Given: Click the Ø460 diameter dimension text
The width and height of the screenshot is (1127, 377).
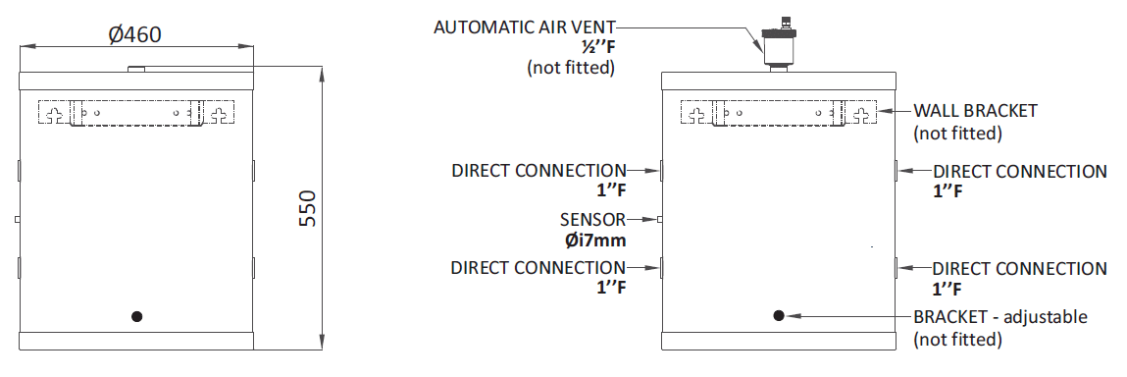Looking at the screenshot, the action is [x=135, y=33].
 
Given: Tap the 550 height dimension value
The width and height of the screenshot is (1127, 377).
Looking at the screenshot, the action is [x=308, y=209].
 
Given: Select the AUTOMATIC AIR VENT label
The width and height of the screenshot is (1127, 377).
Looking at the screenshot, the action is [x=525, y=28].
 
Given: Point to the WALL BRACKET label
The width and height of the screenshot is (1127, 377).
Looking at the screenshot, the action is [x=975, y=112].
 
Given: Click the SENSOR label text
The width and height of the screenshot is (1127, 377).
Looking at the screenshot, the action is [x=593, y=220].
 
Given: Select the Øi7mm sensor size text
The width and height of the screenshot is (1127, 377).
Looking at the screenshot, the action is [x=595, y=240].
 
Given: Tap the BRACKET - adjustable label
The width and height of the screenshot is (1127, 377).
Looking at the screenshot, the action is [x=1000, y=317].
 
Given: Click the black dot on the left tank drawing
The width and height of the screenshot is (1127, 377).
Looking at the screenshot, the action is [x=136, y=316].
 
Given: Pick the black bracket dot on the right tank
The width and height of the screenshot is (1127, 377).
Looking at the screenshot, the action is [x=779, y=315].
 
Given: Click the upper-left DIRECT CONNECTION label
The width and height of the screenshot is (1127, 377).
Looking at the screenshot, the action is [x=539, y=171].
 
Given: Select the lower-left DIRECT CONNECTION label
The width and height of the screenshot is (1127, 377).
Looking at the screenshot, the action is [x=538, y=268].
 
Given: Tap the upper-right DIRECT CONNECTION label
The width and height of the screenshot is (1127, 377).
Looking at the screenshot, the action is [x=1020, y=172].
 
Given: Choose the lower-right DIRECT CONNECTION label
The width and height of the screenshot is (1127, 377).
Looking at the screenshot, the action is [x=1020, y=269].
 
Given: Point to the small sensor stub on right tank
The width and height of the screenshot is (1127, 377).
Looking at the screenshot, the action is [x=659, y=220].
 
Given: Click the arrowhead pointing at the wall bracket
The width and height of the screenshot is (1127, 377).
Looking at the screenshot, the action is [x=887, y=112].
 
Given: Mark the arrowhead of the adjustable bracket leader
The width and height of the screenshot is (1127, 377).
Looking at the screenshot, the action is [x=791, y=315].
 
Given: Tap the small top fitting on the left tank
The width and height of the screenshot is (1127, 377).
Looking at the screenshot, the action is [x=136, y=69].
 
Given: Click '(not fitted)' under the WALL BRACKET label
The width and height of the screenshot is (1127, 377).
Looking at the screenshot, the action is [x=957, y=134].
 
